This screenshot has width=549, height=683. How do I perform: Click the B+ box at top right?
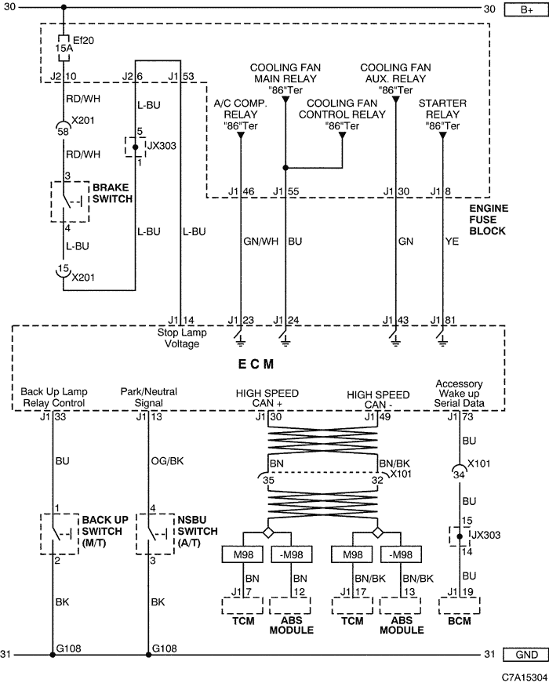[525, 9]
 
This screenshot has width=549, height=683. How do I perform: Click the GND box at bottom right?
[525, 655]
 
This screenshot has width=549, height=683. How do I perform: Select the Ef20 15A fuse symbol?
[64, 47]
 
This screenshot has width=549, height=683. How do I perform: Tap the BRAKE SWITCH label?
[112, 194]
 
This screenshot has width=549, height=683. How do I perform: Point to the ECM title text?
[256, 364]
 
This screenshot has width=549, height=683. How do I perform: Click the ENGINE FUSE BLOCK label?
[489, 220]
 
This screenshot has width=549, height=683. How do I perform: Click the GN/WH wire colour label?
[260, 242]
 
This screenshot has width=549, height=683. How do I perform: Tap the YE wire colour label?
[452, 242]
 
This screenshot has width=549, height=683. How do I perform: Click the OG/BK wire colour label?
[167, 461]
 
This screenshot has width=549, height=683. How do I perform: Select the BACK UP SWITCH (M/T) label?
[105, 532]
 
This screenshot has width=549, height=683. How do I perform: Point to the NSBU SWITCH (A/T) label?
[198, 532]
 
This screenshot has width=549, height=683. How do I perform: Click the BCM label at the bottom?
[460, 621]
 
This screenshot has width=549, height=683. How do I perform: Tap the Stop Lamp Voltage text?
[182, 338]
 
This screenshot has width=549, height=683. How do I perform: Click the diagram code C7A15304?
[525, 677]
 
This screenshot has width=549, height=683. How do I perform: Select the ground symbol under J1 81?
[442, 338]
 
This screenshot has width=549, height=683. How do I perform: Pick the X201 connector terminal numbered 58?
[64, 129]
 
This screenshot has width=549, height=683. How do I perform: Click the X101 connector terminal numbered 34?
[460, 473]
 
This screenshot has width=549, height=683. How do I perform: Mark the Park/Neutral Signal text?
[148, 398]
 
